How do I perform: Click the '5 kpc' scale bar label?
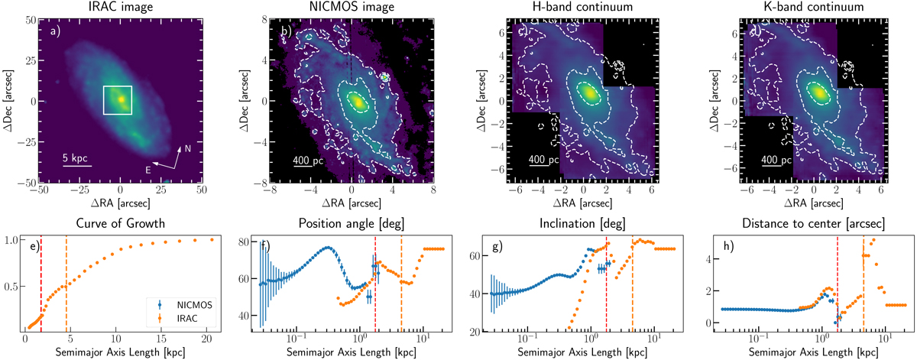[x=76, y=157]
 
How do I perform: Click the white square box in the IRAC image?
[x=118, y=99]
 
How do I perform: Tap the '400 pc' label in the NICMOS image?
[x=309, y=161]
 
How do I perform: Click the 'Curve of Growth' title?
[x=120, y=223]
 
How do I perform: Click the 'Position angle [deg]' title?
[x=351, y=223]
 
